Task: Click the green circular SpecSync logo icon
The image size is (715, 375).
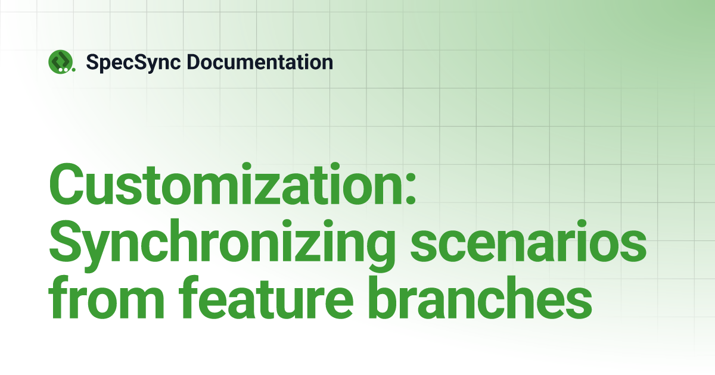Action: [60, 61]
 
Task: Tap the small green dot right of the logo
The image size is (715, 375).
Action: [74, 70]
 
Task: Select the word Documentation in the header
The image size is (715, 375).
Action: [260, 62]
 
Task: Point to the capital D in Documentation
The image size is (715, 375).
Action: [194, 62]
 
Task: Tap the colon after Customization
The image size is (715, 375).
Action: [411, 189]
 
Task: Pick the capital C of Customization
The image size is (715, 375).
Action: [66, 185]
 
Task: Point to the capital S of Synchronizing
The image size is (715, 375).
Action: [65, 240]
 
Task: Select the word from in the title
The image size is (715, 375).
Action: [106, 298]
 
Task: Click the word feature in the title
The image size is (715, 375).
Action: [266, 298]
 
